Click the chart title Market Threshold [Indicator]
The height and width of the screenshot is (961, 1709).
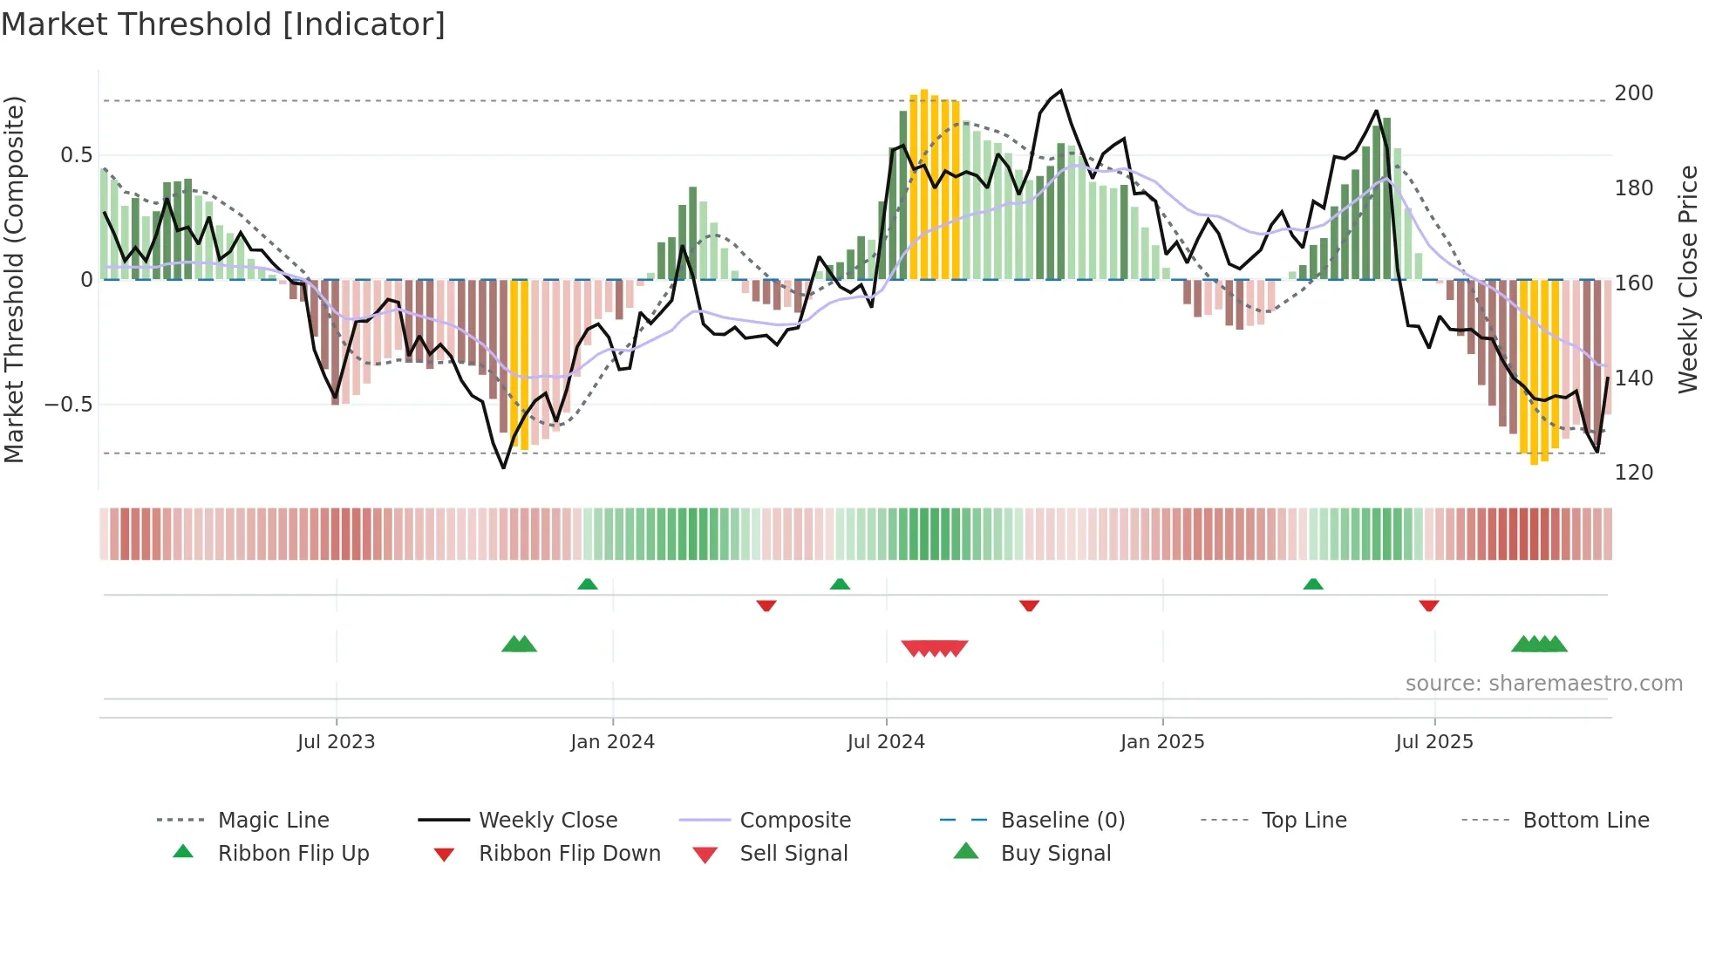click(223, 24)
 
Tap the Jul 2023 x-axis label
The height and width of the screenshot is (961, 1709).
click(336, 742)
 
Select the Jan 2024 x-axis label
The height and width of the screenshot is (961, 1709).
click(612, 742)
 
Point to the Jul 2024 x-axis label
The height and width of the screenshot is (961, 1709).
click(886, 742)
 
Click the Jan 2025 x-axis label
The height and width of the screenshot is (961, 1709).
click(1162, 742)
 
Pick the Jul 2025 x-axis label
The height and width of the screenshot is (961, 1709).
click(1434, 742)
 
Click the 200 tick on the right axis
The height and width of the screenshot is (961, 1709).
click(1633, 93)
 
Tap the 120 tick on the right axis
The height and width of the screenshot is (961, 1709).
click(1633, 473)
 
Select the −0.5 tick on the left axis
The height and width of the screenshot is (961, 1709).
click(68, 405)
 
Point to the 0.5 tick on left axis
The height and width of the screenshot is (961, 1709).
click(76, 155)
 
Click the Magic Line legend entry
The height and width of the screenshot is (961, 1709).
click(273, 821)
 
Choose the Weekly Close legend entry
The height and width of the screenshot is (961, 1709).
click(548, 821)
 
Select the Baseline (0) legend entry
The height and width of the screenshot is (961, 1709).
click(1062, 821)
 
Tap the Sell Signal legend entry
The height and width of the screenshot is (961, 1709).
click(793, 854)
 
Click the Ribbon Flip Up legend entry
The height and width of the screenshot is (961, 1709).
click(293, 854)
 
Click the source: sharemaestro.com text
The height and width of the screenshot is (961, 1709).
click(1543, 684)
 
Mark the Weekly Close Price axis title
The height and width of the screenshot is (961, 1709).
click(1688, 279)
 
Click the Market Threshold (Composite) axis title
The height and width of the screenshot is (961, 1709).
click(14, 279)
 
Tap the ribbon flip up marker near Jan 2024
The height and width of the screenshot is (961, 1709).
click(588, 584)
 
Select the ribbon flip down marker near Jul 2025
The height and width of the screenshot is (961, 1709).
click(1428, 605)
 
